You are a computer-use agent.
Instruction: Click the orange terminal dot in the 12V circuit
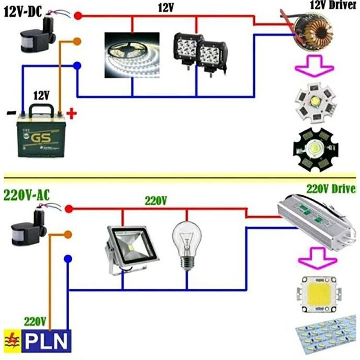coord(77,41)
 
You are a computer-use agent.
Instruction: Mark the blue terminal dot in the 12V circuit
coord(77,66)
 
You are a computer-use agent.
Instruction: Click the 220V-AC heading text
coord(26,195)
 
